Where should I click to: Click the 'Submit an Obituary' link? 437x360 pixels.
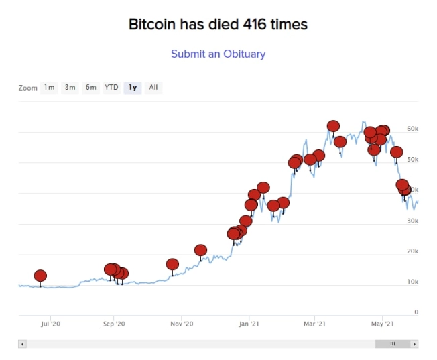(218, 54)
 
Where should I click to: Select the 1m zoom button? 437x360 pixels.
(49, 87)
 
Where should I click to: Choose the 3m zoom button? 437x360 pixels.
(70, 87)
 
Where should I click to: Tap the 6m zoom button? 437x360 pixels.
(90, 87)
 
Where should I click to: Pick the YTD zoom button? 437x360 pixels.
(111, 87)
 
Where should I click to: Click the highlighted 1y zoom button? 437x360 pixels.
(133, 87)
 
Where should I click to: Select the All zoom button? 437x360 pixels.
(153, 87)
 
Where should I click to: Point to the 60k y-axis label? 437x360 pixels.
(412, 128)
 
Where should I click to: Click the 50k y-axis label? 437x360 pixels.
(412, 159)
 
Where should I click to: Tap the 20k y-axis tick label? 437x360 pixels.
(412, 251)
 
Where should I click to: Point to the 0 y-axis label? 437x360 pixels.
(416, 312)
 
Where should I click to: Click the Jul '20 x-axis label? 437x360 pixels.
(51, 324)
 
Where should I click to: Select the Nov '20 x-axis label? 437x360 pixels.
(182, 324)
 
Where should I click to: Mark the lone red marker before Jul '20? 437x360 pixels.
(40, 276)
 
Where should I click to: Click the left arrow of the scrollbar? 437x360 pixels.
(22, 344)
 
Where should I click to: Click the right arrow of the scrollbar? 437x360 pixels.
(415, 344)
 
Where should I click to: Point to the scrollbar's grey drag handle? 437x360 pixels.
(392, 344)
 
